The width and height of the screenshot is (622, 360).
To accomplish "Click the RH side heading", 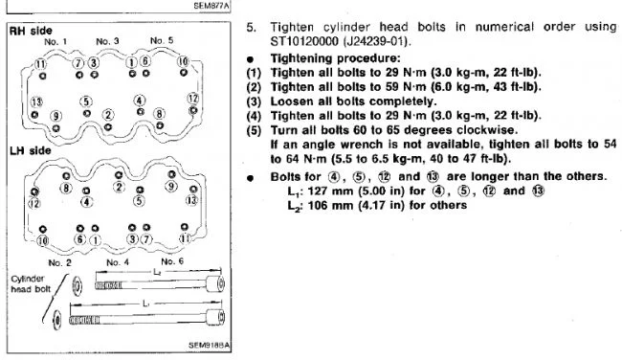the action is [x=31, y=31].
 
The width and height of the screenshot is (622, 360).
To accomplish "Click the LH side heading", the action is [x=31, y=151].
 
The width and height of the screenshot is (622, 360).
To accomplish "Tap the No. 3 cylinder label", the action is [x=107, y=41].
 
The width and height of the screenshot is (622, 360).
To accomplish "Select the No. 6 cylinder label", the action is [x=172, y=261].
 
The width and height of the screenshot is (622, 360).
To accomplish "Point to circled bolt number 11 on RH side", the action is [x=40, y=64].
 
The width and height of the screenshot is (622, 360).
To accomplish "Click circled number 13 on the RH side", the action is [x=36, y=102].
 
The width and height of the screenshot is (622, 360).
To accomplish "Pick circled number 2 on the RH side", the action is [x=108, y=115].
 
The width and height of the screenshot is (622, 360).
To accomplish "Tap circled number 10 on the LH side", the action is [x=42, y=240].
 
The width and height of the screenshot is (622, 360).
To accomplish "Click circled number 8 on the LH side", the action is [x=66, y=188].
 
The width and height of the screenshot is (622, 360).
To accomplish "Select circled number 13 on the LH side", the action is [x=191, y=200].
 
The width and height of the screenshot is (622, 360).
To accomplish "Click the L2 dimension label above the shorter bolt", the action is [x=157, y=272].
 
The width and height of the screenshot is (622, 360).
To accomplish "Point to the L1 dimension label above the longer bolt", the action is [x=146, y=304].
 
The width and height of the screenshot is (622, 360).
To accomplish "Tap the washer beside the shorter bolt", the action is [x=77, y=286].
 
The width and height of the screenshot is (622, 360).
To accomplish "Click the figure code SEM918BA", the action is [x=209, y=346].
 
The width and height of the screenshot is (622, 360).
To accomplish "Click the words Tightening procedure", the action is [x=336, y=58].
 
